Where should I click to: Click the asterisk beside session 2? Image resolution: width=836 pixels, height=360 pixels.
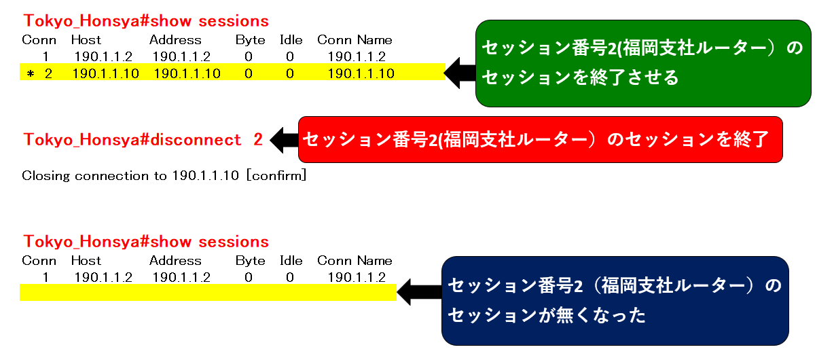[31, 74]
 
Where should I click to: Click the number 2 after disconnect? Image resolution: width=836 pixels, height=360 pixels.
[258, 140]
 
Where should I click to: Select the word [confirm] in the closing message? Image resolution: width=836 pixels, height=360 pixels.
[276, 175]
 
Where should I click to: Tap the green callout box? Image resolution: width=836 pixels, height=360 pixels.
[643, 63]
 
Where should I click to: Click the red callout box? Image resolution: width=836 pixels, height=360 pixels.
[541, 139]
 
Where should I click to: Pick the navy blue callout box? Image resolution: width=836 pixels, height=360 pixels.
[615, 301]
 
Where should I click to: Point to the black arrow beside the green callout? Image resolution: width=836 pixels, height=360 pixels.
[460, 73]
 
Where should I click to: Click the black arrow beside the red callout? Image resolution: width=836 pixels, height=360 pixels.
[284, 140]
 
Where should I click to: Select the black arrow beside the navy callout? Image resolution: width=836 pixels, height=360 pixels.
[419, 292]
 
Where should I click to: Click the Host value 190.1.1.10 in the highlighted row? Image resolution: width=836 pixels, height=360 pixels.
[106, 73]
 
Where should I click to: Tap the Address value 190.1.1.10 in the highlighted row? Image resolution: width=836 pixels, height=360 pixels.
[187, 73]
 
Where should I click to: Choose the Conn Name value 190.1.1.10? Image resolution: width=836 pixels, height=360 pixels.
[361, 73]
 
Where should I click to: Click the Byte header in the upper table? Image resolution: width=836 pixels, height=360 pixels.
[250, 40]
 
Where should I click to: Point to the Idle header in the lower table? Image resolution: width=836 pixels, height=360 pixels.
[291, 261]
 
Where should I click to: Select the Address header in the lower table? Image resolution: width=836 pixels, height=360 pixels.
[175, 261]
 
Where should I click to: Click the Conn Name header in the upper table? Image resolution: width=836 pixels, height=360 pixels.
[355, 40]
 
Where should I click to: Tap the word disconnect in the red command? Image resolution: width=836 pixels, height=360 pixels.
[196, 140]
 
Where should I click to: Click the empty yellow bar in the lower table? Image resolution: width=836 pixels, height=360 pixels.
[208, 292]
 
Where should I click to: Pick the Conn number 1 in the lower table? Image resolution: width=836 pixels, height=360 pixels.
[46, 277]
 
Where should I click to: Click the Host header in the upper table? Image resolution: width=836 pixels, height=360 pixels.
[86, 40]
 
